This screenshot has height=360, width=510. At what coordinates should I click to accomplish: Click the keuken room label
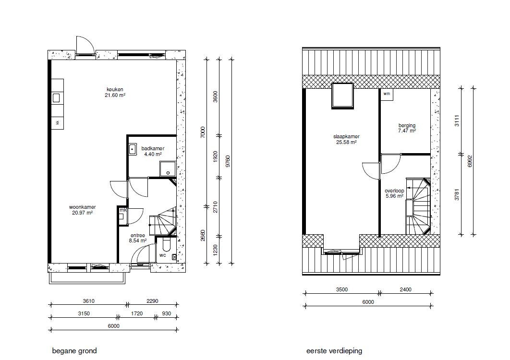pos(115,89)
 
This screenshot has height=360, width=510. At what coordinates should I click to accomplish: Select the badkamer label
pos(153,149)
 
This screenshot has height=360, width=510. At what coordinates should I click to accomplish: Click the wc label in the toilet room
pos(163,255)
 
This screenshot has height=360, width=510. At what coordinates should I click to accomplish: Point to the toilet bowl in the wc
pos(166,245)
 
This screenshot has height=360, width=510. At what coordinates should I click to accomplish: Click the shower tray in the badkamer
pos(168,169)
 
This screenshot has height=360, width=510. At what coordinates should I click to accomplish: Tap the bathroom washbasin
pos(132,150)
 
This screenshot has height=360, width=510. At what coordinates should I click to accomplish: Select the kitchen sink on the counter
pos(56,98)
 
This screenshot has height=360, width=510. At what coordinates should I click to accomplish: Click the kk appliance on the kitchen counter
pos(58,122)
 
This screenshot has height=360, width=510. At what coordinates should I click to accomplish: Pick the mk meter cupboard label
pos(123,210)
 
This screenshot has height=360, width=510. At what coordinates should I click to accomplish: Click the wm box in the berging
pos(387,94)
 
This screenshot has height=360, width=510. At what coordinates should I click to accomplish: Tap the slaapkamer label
pos(346,137)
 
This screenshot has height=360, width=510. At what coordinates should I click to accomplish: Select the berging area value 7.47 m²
pos(407,131)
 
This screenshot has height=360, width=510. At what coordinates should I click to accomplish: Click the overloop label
pos(394,191)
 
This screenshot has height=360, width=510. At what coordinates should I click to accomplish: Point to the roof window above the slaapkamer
pos(342,96)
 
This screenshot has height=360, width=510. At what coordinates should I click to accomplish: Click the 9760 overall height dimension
pos(228,161)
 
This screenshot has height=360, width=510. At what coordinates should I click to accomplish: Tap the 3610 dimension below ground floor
pos(88,301)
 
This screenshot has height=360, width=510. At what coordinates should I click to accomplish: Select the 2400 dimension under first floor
pos(406,289)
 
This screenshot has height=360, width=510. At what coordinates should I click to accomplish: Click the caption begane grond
pos(74,351)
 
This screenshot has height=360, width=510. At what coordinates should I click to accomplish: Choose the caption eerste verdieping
pos(334,351)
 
